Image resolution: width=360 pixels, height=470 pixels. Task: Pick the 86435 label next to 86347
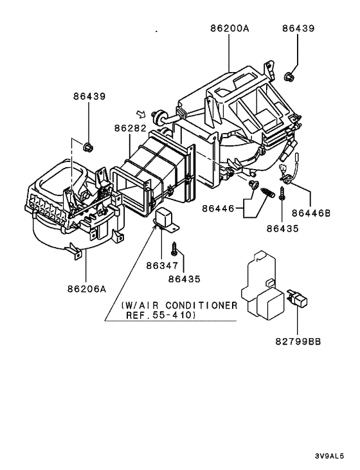pyautogui.click(x=184, y=279)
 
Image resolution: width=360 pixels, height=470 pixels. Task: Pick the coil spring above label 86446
pyautogui.click(x=267, y=192)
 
